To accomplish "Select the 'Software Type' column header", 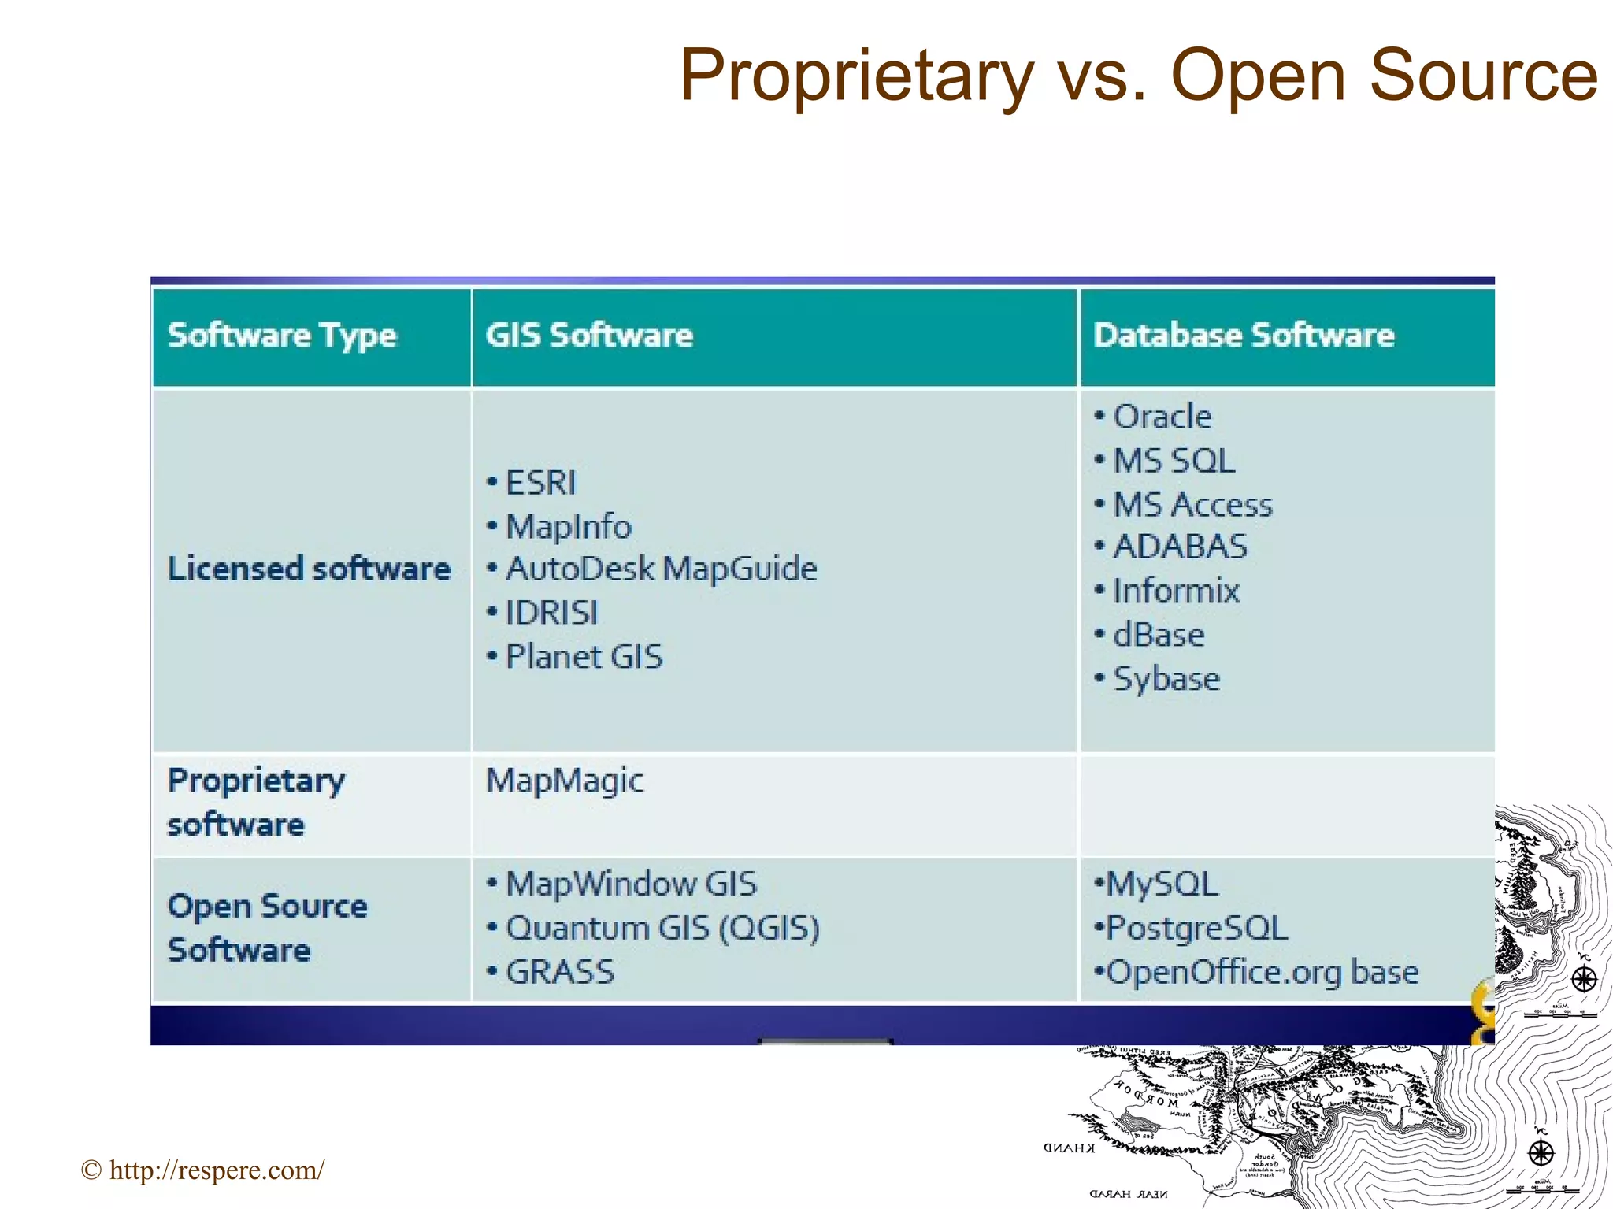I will coord(282,336).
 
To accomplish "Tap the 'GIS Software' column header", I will coord(589,336).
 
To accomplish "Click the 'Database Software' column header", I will coord(1244,336).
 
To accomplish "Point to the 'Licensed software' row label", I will coord(309,569).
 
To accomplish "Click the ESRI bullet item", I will coord(540,483).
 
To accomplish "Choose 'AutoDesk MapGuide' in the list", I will coord(661,569).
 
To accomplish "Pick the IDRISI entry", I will coord(551,613).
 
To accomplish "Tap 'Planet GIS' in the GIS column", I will coord(584,657).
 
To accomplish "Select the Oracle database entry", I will coord(1162,417).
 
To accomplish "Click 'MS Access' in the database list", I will coord(1192,505).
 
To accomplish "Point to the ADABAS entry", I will coord(1180,547).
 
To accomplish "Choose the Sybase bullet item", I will coord(1166,679).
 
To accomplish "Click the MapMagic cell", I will coord(564,781).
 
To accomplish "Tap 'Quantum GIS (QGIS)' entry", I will coord(662,928).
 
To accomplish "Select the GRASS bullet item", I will coord(559,972).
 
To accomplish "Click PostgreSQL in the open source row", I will coord(1196,928).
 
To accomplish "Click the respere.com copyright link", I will coord(216,1170).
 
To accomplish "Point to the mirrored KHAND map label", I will coord(1069,1148).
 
